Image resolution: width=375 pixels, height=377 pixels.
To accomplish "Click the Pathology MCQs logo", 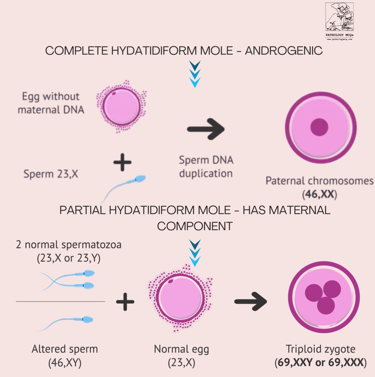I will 339,21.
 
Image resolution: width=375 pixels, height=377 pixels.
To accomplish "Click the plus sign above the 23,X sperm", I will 122,162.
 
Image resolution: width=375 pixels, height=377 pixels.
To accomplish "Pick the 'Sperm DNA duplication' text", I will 206,167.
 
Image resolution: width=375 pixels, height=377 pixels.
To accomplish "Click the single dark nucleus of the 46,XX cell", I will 319,127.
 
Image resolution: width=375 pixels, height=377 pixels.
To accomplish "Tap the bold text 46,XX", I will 319,194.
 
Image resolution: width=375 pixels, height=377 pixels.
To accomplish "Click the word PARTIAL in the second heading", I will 79,211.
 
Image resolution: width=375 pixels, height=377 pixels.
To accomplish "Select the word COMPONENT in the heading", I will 195,226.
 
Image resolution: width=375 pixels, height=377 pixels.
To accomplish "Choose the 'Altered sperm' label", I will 64,349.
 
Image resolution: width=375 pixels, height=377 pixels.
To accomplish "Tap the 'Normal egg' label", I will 181,349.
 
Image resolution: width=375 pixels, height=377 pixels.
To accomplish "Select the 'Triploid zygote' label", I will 321,349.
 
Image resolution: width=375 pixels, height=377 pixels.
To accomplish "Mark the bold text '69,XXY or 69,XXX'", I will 321,363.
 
